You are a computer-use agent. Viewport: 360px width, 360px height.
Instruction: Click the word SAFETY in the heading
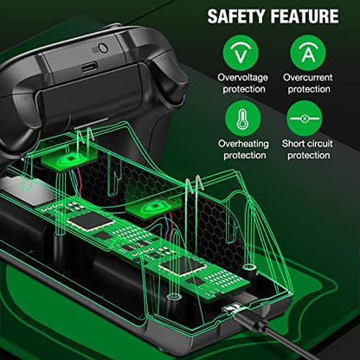click(x=236, y=16)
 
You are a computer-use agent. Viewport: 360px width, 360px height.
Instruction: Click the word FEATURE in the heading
click(x=304, y=16)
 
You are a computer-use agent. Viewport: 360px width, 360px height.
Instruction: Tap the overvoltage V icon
click(x=241, y=53)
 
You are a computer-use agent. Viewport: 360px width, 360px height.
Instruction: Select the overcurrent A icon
click(x=308, y=53)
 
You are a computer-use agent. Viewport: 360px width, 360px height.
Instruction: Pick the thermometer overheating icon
click(x=243, y=119)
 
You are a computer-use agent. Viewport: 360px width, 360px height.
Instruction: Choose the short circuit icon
click(x=305, y=119)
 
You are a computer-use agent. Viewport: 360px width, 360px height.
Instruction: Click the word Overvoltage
click(x=243, y=77)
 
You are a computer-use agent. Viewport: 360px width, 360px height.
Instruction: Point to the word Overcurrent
click(x=308, y=77)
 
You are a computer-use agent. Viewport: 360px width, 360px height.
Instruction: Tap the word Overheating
click(x=243, y=144)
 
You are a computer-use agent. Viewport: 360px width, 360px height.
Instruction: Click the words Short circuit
click(x=307, y=144)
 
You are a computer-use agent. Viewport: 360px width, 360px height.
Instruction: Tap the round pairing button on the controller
click(x=103, y=48)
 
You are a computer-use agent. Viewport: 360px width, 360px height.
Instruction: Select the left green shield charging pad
click(x=69, y=157)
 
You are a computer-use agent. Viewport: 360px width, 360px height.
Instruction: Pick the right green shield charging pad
click(x=154, y=209)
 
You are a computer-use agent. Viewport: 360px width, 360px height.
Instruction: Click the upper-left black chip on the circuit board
click(x=90, y=221)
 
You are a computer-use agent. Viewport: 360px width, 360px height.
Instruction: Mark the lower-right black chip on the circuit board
click(x=180, y=265)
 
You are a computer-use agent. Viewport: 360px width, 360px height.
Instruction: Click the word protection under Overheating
click(x=245, y=155)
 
